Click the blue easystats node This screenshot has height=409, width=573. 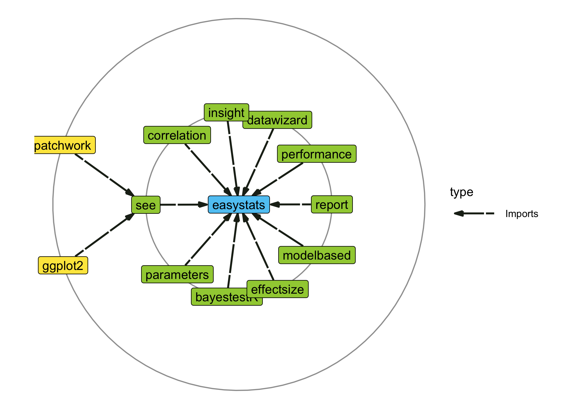pyautogui.click(x=239, y=204)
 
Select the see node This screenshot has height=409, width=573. pyautogui.click(x=146, y=205)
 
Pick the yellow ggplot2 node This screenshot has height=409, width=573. pyautogui.click(x=63, y=265)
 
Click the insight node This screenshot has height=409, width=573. pyautogui.click(x=226, y=112)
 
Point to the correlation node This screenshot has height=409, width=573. pyautogui.click(x=177, y=135)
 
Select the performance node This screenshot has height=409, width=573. pyautogui.click(x=317, y=154)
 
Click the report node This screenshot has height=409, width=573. pyautogui.click(x=332, y=204)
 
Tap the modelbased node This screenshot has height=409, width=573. pyautogui.click(x=317, y=255)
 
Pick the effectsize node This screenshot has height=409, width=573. pyautogui.click(x=277, y=289)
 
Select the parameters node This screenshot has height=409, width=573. pyautogui.click(x=177, y=274)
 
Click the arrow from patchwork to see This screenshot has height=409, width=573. pyautogui.click(x=104, y=175)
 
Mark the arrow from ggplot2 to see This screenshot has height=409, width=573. pyautogui.click(x=104, y=235)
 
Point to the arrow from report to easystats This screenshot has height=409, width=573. pyautogui.click(x=291, y=204)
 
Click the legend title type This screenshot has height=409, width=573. pyautogui.click(x=461, y=192)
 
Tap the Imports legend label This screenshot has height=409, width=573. pyautogui.click(x=521, y=214)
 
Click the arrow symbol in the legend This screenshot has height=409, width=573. pyautogui.click(x=474, y=213)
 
